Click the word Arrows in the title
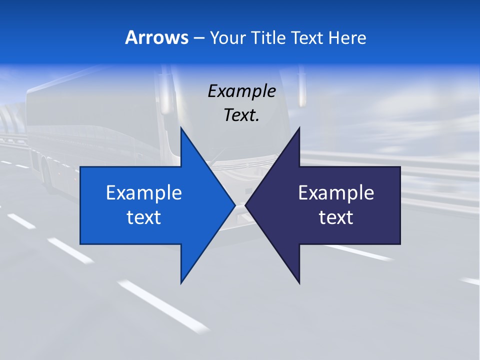click(156, 37)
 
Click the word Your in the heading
click(227, 37)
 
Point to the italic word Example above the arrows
click(241, 91)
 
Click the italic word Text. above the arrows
click(241, 115)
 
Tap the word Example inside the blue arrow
click(144, 192)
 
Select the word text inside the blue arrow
click(144, 217)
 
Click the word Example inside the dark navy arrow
click(336, 192)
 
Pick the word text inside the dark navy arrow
click(336, 217)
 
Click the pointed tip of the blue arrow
click(235, 205)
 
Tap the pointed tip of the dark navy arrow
click(245, 205)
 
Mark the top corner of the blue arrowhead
click(181, 128)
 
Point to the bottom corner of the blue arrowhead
click(181, 283)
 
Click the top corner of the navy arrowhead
click(299, 128)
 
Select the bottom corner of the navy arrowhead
click(299, 283)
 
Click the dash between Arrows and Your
click(198, 38)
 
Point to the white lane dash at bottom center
click(165, 305)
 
